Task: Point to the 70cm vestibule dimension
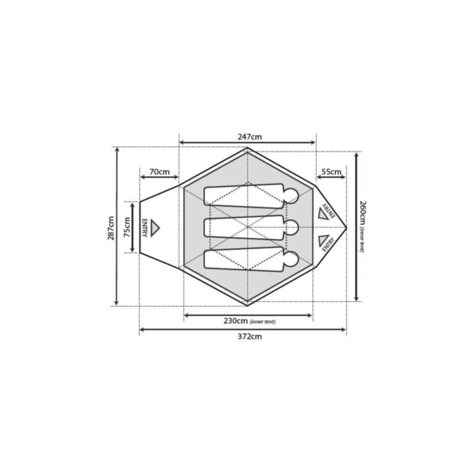[x=159, y=172]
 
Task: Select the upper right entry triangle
[x=324, y=215]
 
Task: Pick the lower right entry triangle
[x=324, y=239]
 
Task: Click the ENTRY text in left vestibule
[x=144, y=228]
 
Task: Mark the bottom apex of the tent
[x=247, y=306]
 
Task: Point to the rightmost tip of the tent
[x=347, y=228]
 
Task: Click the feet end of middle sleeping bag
[x=207, y=228]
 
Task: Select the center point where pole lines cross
[x=247, y=228]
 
